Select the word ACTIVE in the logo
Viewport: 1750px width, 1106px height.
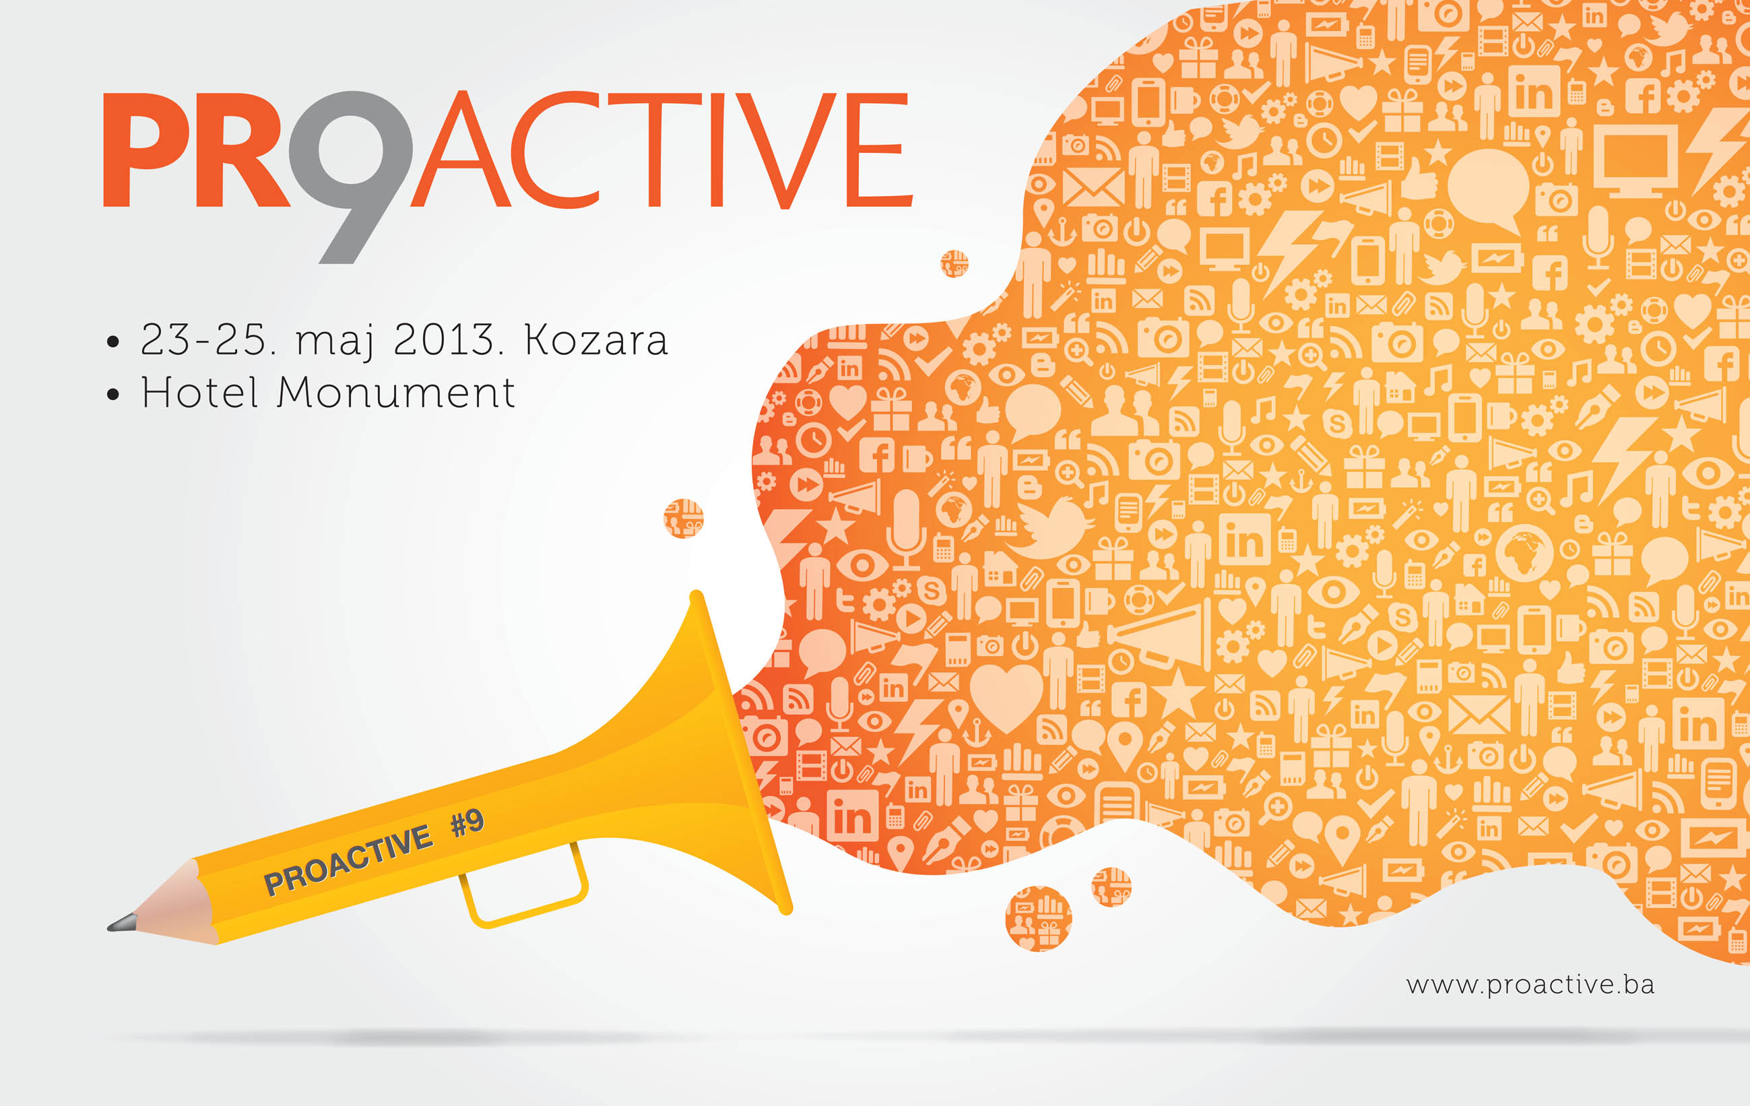(661, 150)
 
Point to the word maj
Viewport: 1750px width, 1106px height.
(335, 341)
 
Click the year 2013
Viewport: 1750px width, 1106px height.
(443, 339)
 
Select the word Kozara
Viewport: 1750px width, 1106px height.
(595, 339)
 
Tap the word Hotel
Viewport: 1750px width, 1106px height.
(200, 393)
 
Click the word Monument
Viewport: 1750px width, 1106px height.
(397, 393)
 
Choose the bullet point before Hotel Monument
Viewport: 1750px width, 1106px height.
(112, 395)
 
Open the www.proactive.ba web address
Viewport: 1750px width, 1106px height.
(1530, 986)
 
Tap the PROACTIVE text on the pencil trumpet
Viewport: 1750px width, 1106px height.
(348, 860)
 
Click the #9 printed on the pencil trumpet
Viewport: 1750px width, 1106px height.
(467, 823)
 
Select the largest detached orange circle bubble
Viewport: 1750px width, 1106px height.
(1038, 919)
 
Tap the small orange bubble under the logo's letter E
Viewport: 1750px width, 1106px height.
(954, 264)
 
